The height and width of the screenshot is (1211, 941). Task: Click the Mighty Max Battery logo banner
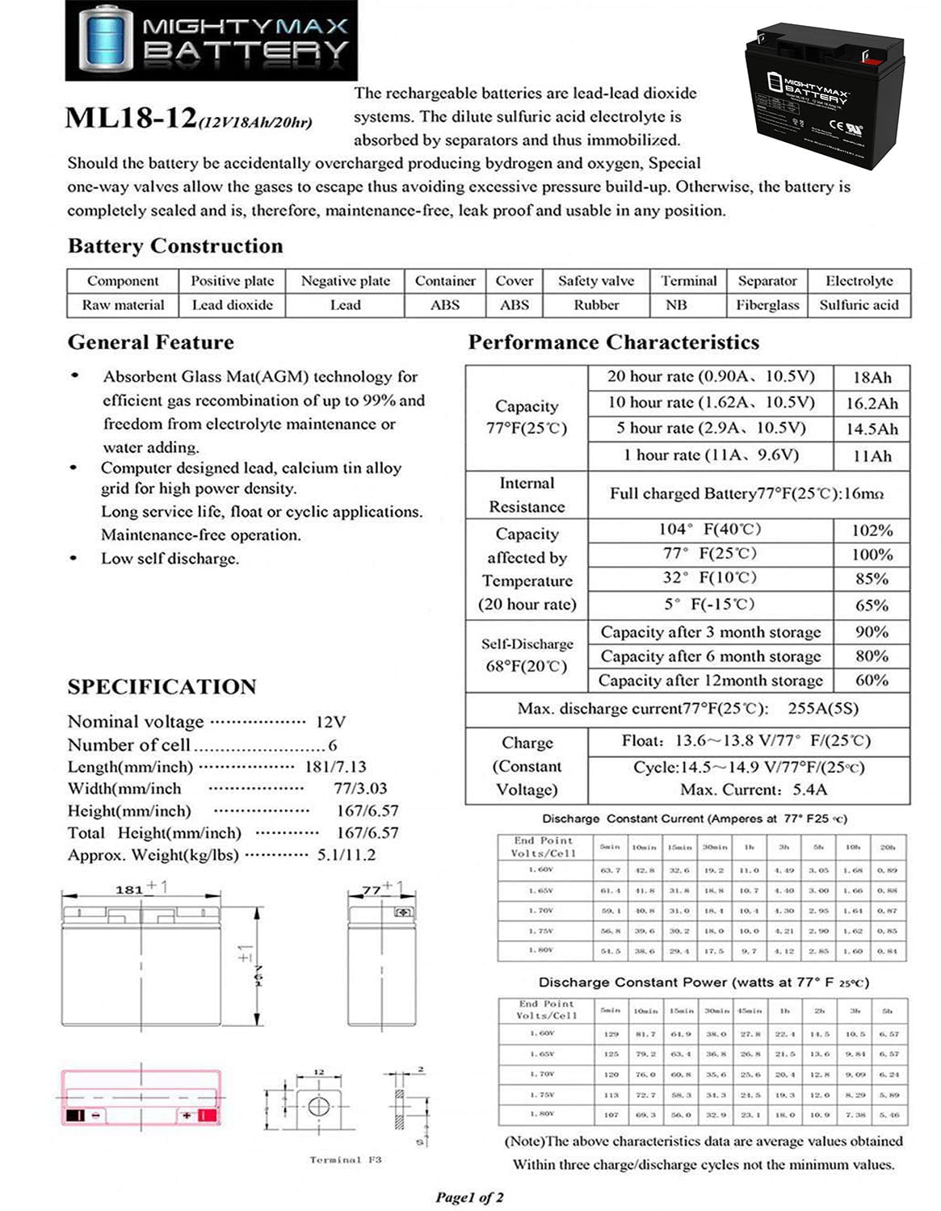click(211, 40)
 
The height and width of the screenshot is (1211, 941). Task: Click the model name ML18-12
click(130, 118)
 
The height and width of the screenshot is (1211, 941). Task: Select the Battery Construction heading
click(175, 245)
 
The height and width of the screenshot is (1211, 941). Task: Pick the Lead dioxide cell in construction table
click(232, 305)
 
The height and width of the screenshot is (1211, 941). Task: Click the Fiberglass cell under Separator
click(767, 305)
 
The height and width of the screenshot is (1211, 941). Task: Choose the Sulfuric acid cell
click(859, 305)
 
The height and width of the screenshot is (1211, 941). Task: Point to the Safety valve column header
click(595, 281)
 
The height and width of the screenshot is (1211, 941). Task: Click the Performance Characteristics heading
click(613, 342)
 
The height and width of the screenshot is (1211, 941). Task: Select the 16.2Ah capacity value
click(872, 403)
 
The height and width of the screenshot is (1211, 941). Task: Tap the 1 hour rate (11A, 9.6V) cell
click(710, 455)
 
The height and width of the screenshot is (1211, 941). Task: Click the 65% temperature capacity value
click(872, 605)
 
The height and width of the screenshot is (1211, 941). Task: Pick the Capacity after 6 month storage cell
click(710, 656)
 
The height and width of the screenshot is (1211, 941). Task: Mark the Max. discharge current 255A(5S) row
click(687, 708)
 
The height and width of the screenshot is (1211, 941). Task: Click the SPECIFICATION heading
click(162, 686)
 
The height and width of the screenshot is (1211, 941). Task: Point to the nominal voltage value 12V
click(330, 722)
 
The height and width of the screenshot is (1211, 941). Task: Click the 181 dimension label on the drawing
click(129, 889)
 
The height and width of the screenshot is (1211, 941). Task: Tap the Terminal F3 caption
click(345, 1159)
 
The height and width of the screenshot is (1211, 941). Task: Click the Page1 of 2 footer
click(469, 1196)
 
